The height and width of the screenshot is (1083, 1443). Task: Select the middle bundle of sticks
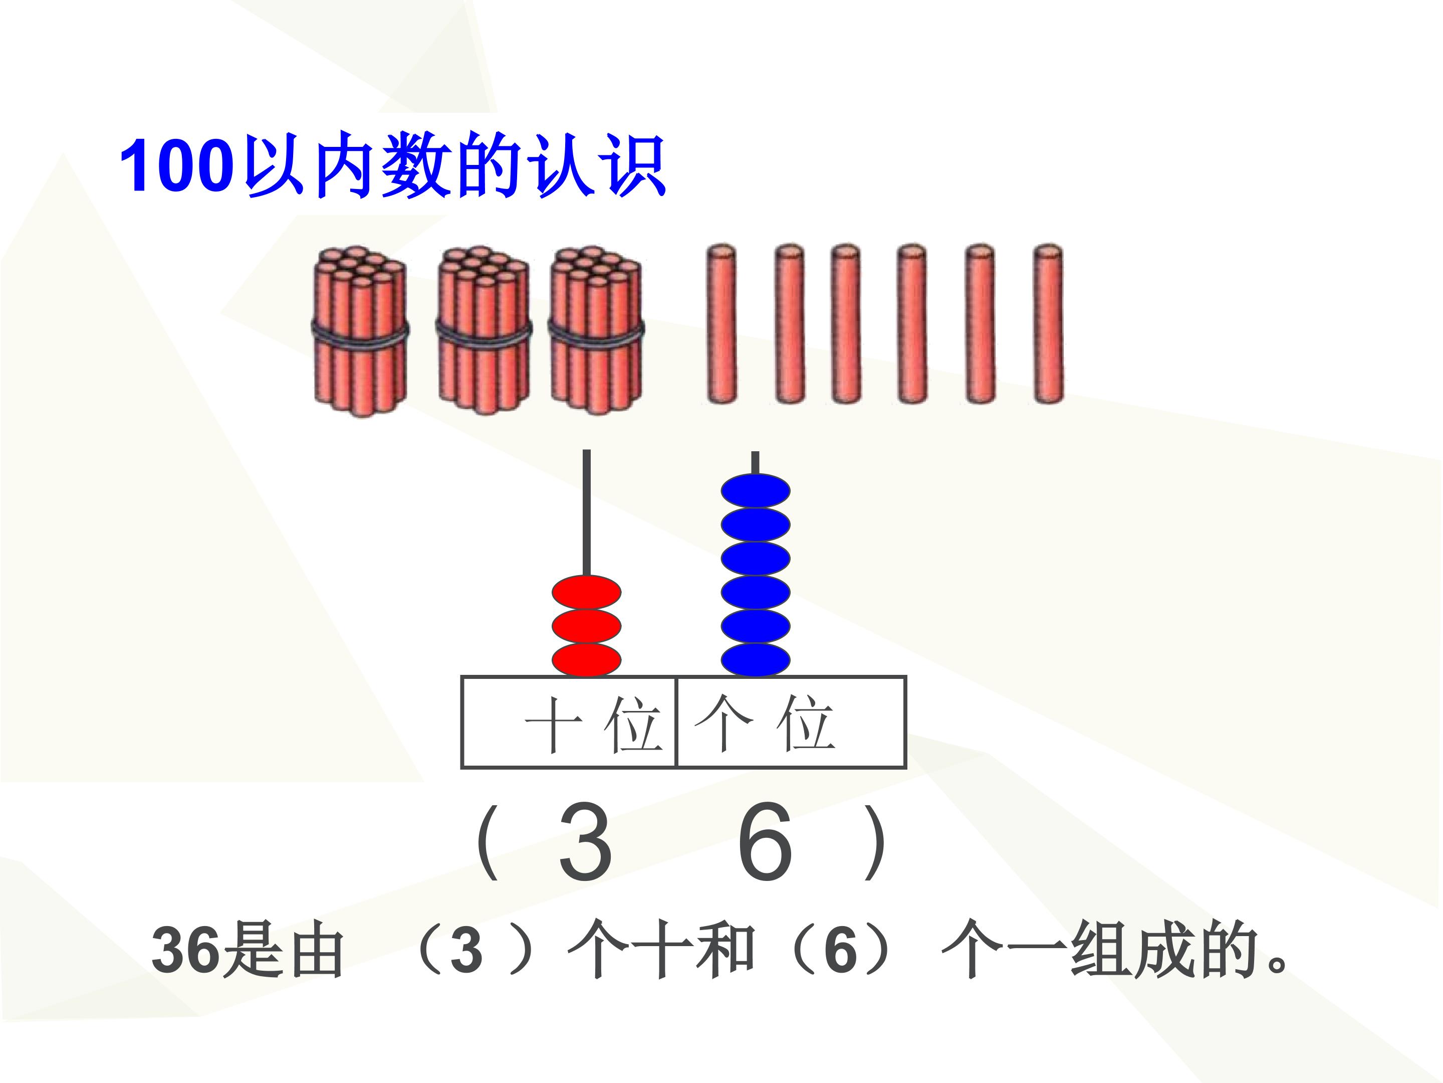coord(484,331)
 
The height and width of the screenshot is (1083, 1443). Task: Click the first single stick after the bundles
coord(722,324)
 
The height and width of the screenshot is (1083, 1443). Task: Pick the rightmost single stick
coord(1048,324)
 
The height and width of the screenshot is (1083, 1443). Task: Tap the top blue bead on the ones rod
coord(756,491)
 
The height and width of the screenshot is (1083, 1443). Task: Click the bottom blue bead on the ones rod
coord(756,660)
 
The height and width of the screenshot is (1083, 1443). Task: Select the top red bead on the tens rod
coord(586,593)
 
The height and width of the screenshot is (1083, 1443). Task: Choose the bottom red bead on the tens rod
coord(586,660)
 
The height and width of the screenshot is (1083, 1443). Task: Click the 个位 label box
coord(791,722)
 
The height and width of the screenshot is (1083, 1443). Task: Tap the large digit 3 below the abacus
coord(585,841)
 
